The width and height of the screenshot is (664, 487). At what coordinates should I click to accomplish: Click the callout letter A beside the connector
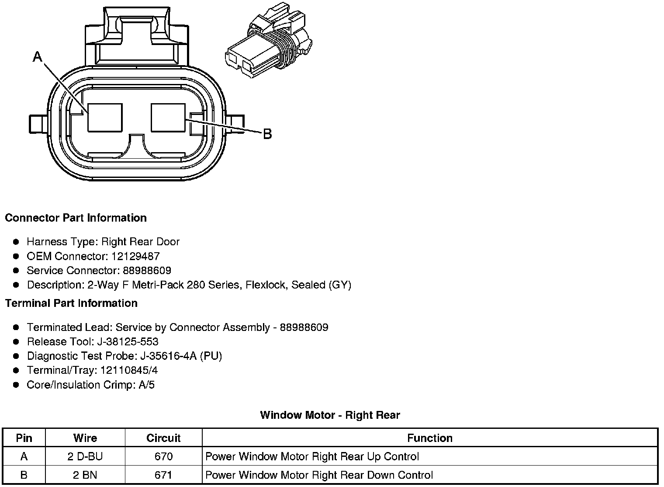pyautogui.click(x=38, y=56)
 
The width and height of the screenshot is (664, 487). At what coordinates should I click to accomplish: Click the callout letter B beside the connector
pyautogui.click(x=267, y=134)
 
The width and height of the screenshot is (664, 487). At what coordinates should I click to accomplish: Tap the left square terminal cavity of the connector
pyautogui.click(x=105, y=117)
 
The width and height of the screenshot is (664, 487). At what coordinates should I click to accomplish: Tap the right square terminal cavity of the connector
pyautogui.click(x=168, y=117)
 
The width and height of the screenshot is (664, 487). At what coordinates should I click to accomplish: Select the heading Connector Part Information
pyautogui.click(x=76, y=218)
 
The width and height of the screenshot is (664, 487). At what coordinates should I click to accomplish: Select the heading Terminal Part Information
pyautogui.click(x=71, y=303)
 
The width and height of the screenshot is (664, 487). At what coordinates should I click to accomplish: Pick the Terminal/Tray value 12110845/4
pyautogui.click(x=129, y=370)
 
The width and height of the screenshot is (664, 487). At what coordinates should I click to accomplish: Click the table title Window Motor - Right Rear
pyautogui.click(x=330, y=415)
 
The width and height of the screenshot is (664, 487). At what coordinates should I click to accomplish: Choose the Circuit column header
pyautogui.click(x=163, y=438)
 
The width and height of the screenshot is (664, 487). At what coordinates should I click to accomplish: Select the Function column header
pyautogui.click(x=429, y=438)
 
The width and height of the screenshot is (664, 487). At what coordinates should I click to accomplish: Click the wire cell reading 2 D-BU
pyautogui.click(x=85, y=457)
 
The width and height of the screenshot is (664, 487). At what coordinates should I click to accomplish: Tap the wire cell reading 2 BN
pyautogui.click(x=85, y=475)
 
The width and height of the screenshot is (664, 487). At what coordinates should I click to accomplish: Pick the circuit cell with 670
pyautogui.click(x=163, y=457)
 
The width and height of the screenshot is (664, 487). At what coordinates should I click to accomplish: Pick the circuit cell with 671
pyautogui.click(x=163, y=475)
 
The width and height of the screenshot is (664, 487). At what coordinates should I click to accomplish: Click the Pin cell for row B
pyautogui.click(x=24, y=475)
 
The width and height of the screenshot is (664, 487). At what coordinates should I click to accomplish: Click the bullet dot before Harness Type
pyautogui.click(x=16, y=242)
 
